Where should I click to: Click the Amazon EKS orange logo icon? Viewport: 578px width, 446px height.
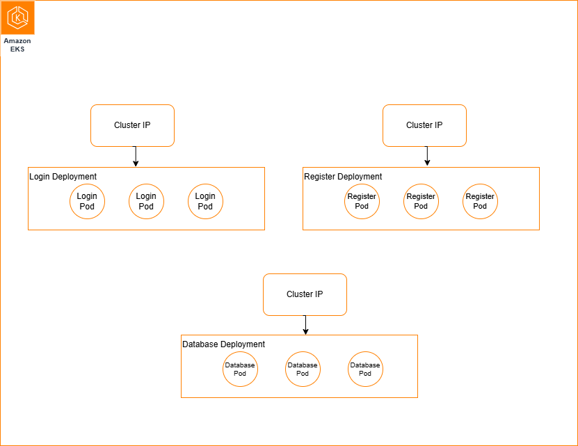click(17, 17)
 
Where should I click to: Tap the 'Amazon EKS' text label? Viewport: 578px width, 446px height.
click(17, 45)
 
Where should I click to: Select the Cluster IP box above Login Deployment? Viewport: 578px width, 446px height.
click(132, 125)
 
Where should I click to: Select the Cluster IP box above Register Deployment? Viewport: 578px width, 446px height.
click(424, 125)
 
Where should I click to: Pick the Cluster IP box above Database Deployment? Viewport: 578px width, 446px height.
click(305, 294)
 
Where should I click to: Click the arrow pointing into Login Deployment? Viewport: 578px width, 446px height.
click(136, 157)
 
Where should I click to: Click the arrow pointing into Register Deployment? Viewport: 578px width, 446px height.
click(427, 157)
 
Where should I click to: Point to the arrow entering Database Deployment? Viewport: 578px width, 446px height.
click(305, 326)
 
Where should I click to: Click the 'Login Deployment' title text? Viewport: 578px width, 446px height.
click(63, 177)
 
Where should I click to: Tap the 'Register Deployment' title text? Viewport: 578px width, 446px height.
click(343, 177)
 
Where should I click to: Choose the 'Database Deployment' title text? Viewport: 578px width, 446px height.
click(223, 344)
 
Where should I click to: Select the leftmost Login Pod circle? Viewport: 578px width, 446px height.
click(87, 201)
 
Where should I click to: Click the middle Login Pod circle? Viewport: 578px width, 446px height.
click(146, 201)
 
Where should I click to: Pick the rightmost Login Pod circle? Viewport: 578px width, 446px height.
click(205, 201)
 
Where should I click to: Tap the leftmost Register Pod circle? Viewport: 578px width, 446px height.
click(362, 201)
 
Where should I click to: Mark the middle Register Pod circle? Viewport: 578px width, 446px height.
click(421, 201)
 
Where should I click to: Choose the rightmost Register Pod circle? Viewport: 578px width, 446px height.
click(480, 201)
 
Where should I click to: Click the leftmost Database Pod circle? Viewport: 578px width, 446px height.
click(240, 369)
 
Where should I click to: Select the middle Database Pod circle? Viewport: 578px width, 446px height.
click(303, 369)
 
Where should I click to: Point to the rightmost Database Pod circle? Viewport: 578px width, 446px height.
click(365, 369)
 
